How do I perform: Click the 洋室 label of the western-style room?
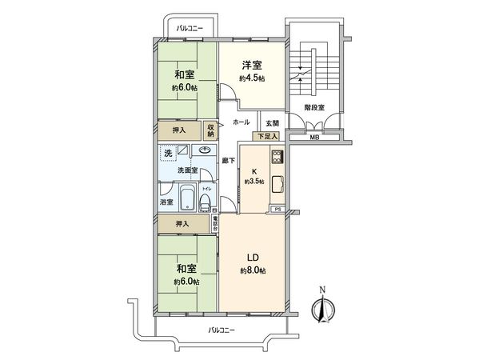252,65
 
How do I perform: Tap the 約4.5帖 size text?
252,78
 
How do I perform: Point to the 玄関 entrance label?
272,122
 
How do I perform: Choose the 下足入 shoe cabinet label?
268,137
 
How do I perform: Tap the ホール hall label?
241,122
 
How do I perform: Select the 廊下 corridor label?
228,160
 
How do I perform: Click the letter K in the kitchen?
255,171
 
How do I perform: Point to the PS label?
277,209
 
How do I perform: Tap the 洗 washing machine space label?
168,152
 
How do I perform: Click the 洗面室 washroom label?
188,170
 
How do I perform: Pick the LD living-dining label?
251,258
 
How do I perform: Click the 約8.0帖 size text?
251,271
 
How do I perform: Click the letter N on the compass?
324,289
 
